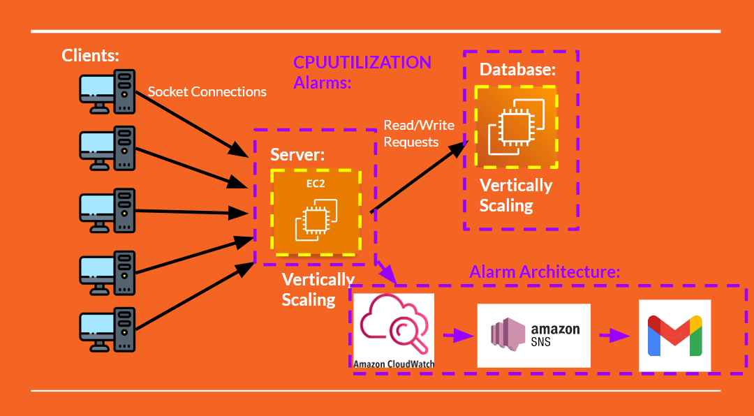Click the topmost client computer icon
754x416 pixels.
click(x=107, y=91)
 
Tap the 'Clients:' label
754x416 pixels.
click(x=91, y=55)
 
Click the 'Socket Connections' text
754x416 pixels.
click(x=207, y=91)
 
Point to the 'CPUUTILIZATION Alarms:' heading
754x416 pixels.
click(x=362, y=72)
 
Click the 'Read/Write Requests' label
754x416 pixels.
click(x=419, y=133)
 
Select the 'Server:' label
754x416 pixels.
click(x=297, y=155)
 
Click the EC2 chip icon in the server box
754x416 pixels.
click(x=316, y=218)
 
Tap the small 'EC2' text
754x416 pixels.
click(x=316, y=184)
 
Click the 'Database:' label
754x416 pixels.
click(x=517, y=70)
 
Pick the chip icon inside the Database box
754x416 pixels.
click(x=516, y=127)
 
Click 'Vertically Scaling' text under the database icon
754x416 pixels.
click(x=515, y=195)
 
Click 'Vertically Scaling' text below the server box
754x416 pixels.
click(x=318, y=289)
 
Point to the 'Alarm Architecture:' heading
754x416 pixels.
click(x=545, y=272)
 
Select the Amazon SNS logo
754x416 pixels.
click(x=533, y=335)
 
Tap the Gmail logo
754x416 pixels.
click(x=674, y=335)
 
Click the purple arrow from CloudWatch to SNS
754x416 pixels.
click(x=457, y=336)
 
